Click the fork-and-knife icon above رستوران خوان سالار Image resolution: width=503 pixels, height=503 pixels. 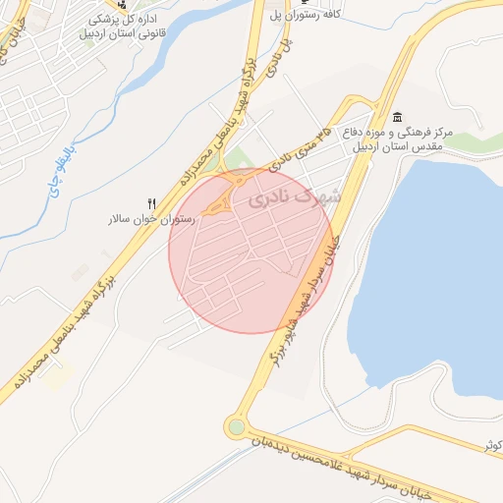(151, 202)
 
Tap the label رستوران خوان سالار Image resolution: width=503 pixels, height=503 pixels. (151, 219)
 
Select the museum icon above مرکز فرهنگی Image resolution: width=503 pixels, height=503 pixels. (396, 117)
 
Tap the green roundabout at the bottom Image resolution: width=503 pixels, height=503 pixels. (235, 426)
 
